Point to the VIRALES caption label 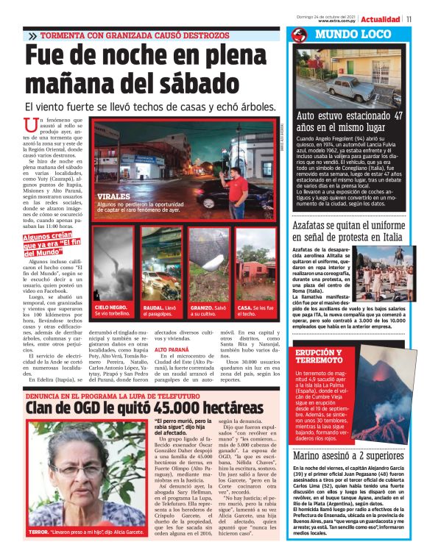pos(112,197)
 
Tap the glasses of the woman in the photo pos(81,469)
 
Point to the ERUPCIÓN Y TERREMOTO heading pos(320,357)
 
